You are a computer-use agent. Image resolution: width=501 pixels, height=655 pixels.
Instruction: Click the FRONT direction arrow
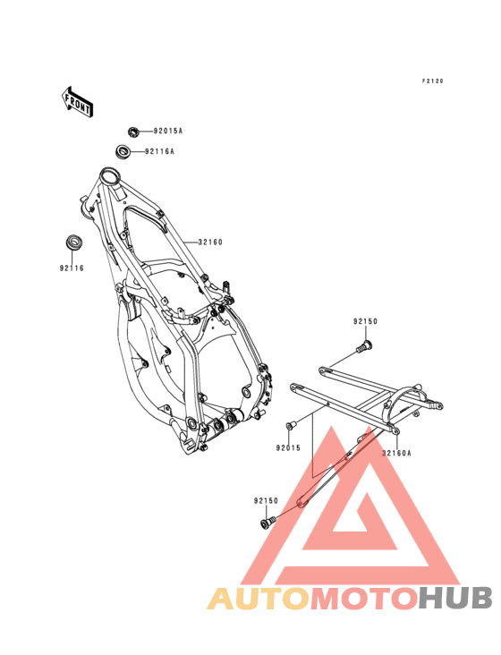[x=78, y=102]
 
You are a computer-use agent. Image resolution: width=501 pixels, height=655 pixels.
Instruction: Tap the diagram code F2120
[x=432, y=81]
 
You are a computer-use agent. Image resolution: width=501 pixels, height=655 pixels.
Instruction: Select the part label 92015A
[x=168, y=131]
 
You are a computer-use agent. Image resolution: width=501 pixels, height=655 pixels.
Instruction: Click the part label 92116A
[x=159, y=151]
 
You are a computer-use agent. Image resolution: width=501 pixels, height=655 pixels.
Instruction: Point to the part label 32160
[x=210, y=242]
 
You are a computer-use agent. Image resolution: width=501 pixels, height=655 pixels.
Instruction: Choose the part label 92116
[x=72, y=268]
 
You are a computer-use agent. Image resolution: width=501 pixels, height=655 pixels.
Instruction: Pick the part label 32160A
[x=396, y=453]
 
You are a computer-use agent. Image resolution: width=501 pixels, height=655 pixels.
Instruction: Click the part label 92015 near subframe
[x=288, y=447]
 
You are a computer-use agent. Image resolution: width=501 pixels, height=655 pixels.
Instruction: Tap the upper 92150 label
[x=365, y=321]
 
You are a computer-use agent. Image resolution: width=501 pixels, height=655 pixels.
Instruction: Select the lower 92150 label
[x=266, y=500]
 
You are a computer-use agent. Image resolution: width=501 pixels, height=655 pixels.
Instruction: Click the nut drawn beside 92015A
[x=133, y=132]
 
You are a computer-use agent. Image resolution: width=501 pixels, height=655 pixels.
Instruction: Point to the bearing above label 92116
[x=75, y=242]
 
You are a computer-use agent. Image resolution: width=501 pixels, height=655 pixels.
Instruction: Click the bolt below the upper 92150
[x=364, y=346]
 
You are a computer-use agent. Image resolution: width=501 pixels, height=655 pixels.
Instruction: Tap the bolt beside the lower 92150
[x=267, y=522]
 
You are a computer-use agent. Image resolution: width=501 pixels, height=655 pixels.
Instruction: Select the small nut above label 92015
[x=290, y=426]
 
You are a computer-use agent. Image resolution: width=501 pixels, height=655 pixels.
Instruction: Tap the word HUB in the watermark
[x=456, y=598]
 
